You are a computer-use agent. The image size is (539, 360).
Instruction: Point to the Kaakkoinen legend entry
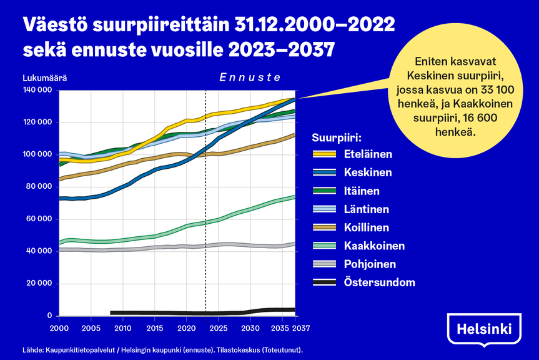374,246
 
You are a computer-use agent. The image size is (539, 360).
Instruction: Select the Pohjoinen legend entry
372,264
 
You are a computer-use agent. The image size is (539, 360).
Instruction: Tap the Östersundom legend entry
379,282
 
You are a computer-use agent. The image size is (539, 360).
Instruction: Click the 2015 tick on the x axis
155,327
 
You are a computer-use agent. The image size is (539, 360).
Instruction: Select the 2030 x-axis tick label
250,327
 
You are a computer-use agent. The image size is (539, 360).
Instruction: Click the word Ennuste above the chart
250,77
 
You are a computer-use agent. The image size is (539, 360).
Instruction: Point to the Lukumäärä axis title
44,78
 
